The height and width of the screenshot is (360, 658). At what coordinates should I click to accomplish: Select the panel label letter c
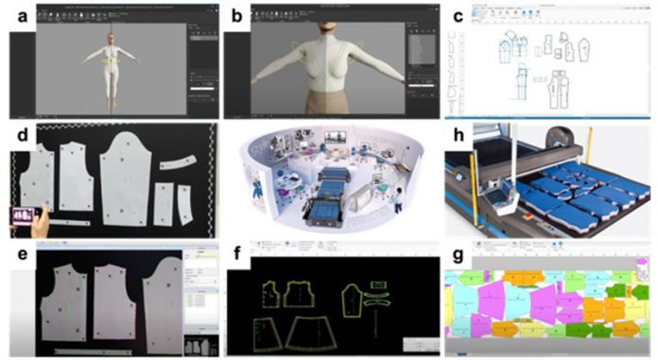pyautogui.click(x=459, y=15)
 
